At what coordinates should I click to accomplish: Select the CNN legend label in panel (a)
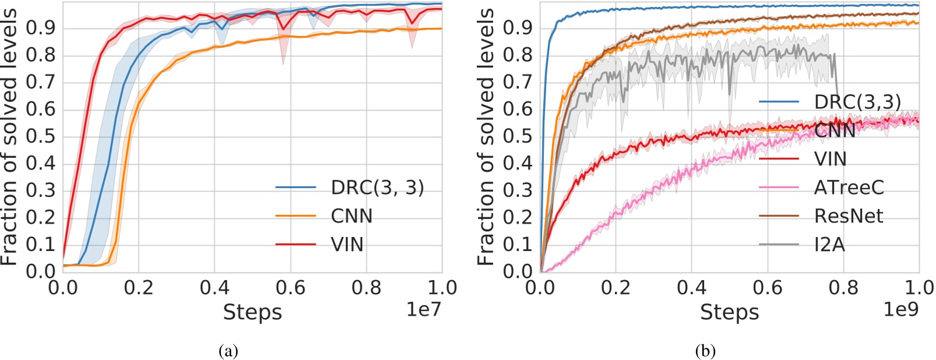pyautogui.click(x=351, y=216)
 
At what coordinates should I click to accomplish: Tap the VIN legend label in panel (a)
pyautogui.click(x=347, y=245)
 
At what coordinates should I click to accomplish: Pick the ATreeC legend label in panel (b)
pyautogui.click(x=849, y=188)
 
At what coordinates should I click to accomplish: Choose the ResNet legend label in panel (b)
pyautogui.click(x=849, y=216)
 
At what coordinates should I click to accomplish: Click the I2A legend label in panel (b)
pyautogui.click(x=829, y=245)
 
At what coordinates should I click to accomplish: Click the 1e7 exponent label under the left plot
pyautogui.click(x=423, y=309)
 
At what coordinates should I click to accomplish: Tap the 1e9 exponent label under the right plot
pyautogui.click(x=900, y=309)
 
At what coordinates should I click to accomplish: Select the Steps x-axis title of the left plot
pyautogui.click(x=252, y=313)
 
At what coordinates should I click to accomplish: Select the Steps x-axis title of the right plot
pyautogui.click(x=730, y=313)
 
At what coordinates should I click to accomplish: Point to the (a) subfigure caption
pyautogui.click(x=228, y=351)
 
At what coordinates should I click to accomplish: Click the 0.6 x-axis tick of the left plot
pyautogui.click(x=290, y=287)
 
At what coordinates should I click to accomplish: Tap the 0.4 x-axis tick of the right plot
pyautogui.click(x=692, y=287)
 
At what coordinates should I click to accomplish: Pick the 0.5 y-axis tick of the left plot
pyautogui.click(x=40, y=136)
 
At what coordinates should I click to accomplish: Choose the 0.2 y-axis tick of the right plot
pyautogui.click(x=518, y=217)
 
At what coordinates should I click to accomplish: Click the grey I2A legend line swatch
pyautogui.click(x=779, y=244)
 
